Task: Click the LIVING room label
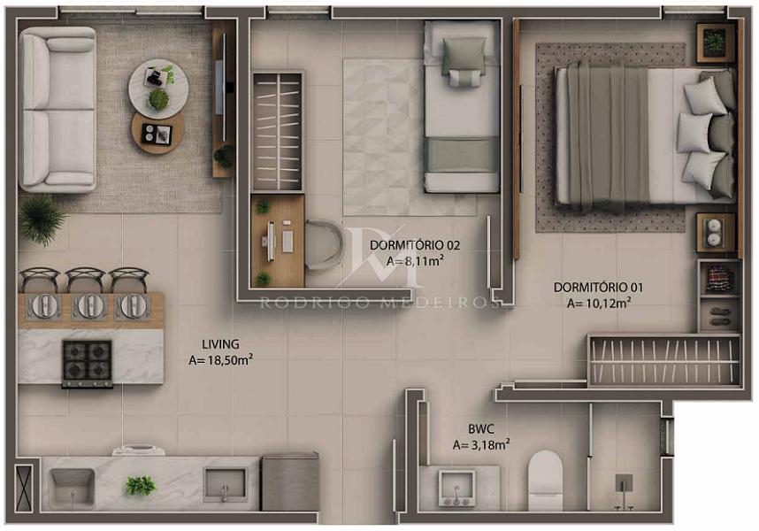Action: (x=220, y=344)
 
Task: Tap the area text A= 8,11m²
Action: (x=415, y=261)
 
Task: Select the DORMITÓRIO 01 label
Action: (x=598, y=288)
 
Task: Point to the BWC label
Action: (x=480, y=429)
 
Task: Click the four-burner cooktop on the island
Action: (x=87, y=364)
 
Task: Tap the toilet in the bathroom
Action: (x=545, y=481)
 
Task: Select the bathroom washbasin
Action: (x=456, y=488)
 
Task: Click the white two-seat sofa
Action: (x=57, y=110)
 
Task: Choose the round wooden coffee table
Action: (x=157, y=134)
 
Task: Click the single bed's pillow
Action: (x=464, y=55)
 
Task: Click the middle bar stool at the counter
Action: (x=85, y=280)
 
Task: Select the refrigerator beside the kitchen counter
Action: (x=290, y=481)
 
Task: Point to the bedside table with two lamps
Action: (x=715, y=233)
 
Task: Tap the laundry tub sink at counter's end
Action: (x=72, y=487)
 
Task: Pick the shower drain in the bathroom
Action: (x=624, y=482)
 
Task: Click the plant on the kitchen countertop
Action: (x=141, y=485)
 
